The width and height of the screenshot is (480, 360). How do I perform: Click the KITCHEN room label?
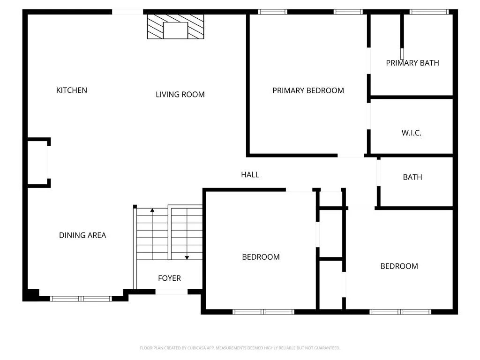(x=72, y=90)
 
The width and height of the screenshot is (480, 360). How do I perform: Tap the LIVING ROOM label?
(x=180, y=95)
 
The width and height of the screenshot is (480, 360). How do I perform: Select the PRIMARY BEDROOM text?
(x=308, y=90)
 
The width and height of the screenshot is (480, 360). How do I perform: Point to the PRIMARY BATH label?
(x=412, y=63)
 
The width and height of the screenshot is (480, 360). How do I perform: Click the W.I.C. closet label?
(x=412, y=133)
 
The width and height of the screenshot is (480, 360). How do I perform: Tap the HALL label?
(x=250, y=175)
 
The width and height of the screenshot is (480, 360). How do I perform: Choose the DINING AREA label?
(x=82, y=235)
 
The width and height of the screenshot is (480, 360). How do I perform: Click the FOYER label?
(x=169, y=278)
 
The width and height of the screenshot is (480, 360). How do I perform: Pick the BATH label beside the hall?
(x=412, y=177)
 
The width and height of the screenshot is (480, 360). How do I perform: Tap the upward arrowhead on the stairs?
(x=152, y=210)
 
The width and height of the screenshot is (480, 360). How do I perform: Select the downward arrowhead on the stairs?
(x=187, y=258)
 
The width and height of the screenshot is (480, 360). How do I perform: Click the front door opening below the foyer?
(x=172, y=292)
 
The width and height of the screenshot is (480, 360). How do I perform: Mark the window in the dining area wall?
(x=81, y=299)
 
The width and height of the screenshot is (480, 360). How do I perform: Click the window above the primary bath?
(x=429, y=12)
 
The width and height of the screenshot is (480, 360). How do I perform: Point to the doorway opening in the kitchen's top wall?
(x=127, y=12)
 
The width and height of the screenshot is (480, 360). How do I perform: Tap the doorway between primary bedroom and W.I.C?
(x=369, y=116)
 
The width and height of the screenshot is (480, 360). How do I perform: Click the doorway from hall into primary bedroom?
(x=351, y=156)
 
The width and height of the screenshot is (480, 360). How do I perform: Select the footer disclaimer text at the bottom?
(x=240, y=348)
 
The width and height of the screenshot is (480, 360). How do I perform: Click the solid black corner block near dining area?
(x=30, y=295)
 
